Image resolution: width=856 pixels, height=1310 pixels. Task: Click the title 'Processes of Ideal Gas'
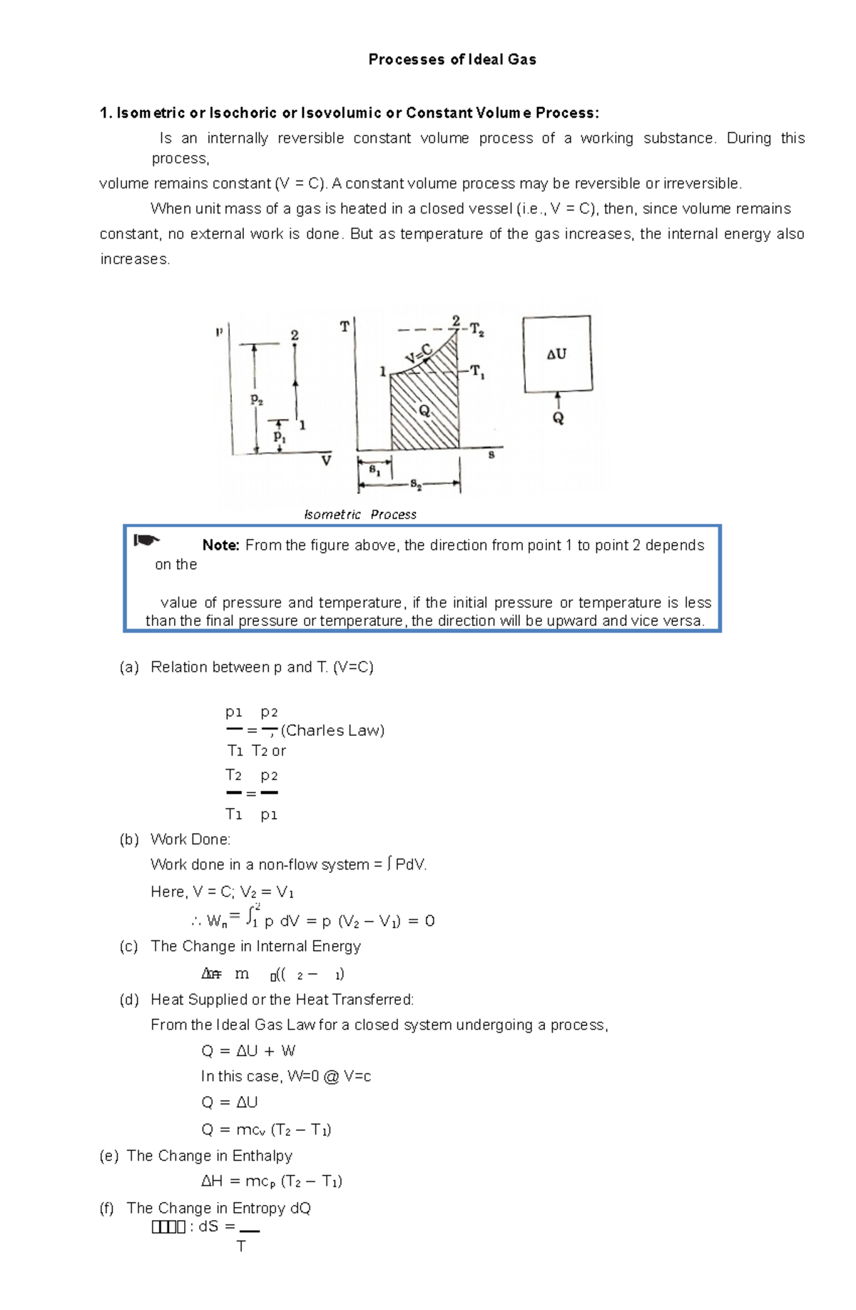click(452, 60)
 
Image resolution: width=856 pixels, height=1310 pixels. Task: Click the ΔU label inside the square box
click(556, 354)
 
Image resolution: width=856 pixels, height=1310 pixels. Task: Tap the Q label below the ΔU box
click(558, 418)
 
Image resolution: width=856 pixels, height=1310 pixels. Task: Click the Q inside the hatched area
click(424, 411)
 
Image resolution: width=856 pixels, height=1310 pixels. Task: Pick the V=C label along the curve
click(419, 353)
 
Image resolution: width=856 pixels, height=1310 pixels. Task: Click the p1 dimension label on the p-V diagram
click(280, 435)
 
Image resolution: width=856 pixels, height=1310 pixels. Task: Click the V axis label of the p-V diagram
click(326, 461)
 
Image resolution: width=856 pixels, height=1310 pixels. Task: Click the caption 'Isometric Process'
click(360, 515)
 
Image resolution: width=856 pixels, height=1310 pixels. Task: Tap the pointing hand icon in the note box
click(147, 540)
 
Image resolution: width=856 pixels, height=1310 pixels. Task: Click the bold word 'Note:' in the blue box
click(220, 545)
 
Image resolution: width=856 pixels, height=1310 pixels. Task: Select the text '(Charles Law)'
click(332, 730)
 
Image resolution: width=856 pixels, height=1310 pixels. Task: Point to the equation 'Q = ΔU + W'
click(248, 1051)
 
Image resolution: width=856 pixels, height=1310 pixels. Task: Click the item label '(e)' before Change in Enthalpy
click(109, 1156)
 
